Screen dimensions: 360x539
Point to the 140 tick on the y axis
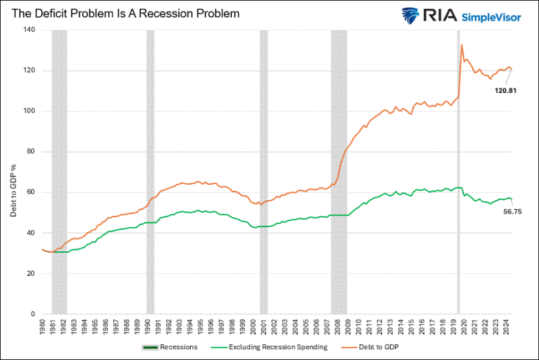click(x=29, y=30)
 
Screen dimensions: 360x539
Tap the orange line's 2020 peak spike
click(x=462, y=45)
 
